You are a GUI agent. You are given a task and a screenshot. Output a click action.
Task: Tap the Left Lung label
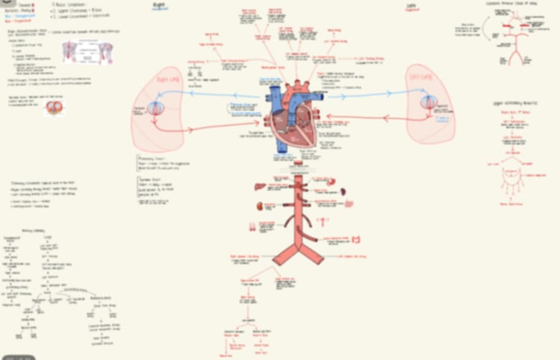[420, 76]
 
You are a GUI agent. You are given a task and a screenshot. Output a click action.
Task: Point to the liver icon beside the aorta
[260, 187]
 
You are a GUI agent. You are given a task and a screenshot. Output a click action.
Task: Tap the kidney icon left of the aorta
[261, 206]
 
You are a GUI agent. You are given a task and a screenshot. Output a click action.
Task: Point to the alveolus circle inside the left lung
[429, 103]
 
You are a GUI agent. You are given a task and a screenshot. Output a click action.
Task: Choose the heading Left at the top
[411, 5]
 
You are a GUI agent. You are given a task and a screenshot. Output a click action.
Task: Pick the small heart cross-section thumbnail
[52, 107]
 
